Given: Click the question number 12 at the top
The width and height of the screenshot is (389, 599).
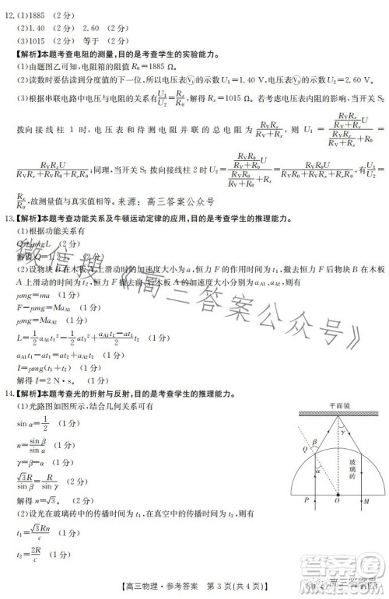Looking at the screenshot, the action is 9,7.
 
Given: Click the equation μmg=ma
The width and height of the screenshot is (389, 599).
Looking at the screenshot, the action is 35,296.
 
